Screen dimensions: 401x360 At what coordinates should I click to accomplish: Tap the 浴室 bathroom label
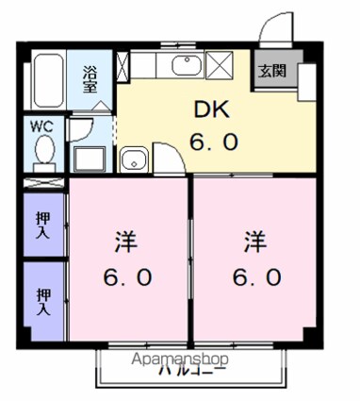pyautogui.click(x=90, y=77)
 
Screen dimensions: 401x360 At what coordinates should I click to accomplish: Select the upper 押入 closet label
pyautogui.click(x=42, y=222)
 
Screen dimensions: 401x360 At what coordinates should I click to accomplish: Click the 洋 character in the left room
pyautogui.click(x=127, y=242)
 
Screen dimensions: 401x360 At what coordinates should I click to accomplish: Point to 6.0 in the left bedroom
pyautogui.click(x=126, y=280)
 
